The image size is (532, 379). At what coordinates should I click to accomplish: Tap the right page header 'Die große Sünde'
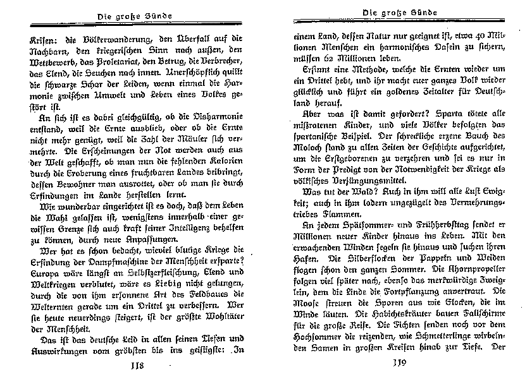coord(397,13)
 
